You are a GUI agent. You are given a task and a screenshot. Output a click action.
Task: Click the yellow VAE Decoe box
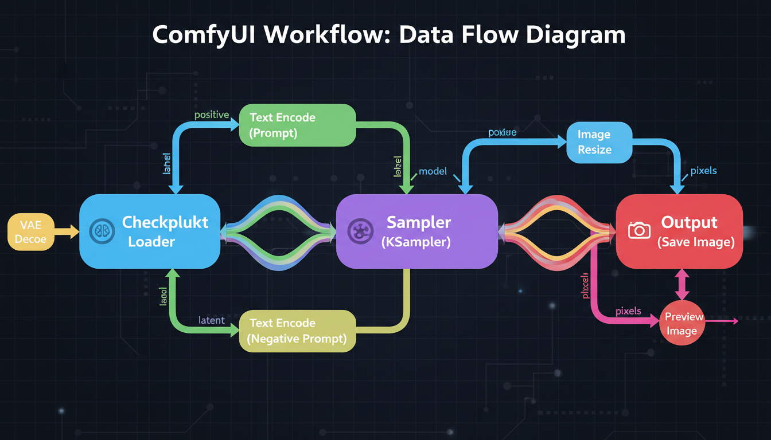click(x=31, y=231)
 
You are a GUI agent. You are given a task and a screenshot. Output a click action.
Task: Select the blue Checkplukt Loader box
click(x=150, y=231)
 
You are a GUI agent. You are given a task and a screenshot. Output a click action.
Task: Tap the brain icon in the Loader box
click(x=100, y=231)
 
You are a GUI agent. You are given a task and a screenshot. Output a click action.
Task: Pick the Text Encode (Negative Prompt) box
click(x=297, y=331)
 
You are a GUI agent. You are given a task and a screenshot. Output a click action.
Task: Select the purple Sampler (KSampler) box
click(x=416, y=231)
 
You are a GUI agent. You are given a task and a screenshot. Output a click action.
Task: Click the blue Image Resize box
click(x=599, y=142)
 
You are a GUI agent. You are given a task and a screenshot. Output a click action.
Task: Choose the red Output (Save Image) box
click(x=679, y=231)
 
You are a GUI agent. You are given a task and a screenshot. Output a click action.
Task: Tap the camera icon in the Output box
click(x=639, y=230)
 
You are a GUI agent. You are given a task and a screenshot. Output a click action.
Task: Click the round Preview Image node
click(x=682, y=323)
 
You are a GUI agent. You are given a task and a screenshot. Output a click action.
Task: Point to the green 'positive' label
click(x=212, y=115)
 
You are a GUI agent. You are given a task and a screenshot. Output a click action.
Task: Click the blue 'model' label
click(x=433, y=171)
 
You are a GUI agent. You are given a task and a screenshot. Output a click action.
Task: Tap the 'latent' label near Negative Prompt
click(x=211, y=320)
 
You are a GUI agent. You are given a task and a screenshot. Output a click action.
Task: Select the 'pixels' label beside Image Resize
click(x=703, y=171)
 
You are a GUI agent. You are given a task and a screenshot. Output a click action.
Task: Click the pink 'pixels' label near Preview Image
click(x=628, y=311)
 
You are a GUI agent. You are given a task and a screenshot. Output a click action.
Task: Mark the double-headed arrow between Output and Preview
click(x=682, y=284)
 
